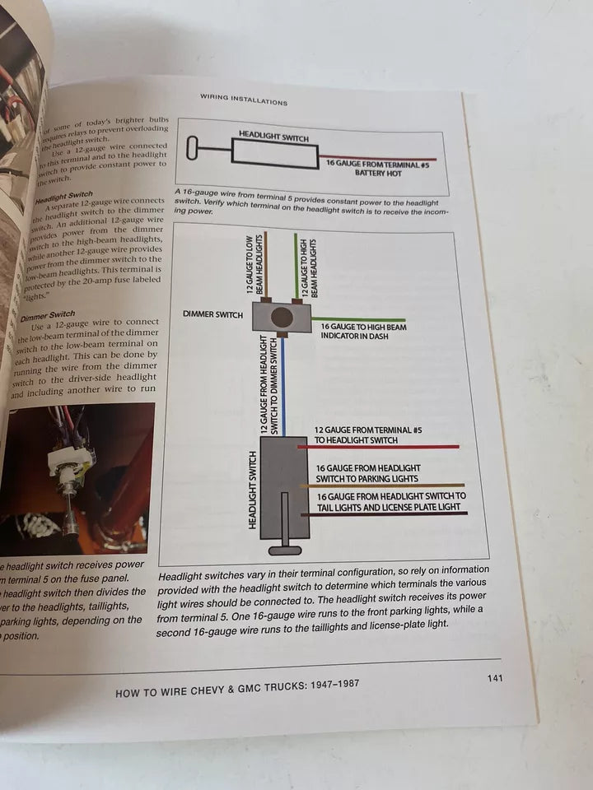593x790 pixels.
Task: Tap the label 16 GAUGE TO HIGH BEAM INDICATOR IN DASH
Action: tap(362, 332)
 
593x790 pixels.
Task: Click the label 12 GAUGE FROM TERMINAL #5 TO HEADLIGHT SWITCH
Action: tap(368, 434)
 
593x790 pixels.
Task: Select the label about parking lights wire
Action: tap(367, 473)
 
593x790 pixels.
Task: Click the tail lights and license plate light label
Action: tap(390, 501)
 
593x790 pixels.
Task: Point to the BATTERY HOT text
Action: tap(378, 174)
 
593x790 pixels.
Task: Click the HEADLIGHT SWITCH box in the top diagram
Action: tap(274, 151)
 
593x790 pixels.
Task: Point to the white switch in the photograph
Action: tap(71, 460)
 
